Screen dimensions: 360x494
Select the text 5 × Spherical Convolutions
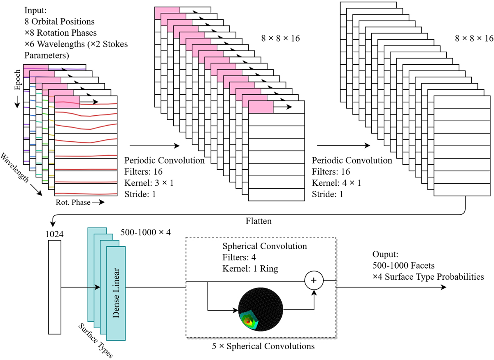262,346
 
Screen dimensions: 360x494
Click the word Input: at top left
35,10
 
